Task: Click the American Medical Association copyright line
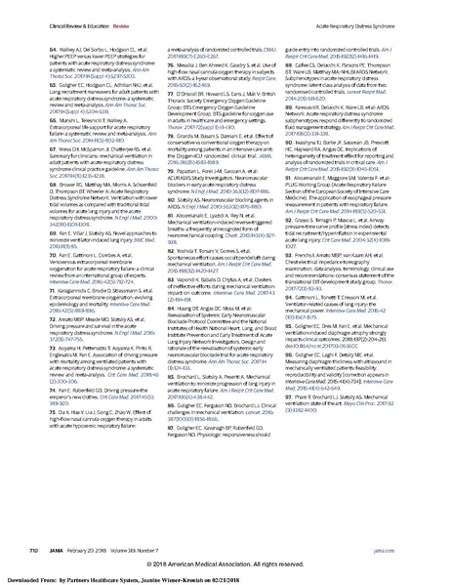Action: coord(226,564)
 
